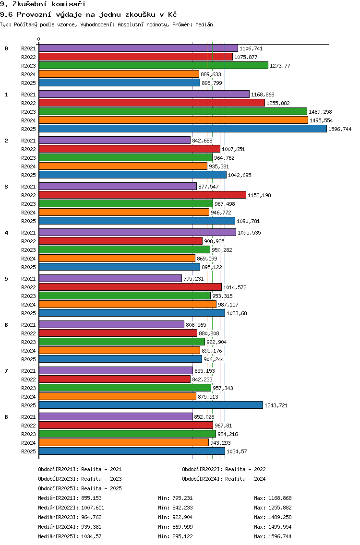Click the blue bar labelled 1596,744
click(182, 129)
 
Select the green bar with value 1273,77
click(154, 66)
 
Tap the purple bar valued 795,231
click(110, 278)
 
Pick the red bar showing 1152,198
click(142, 195)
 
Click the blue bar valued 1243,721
click(151, 405)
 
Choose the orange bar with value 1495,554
click(173, 120)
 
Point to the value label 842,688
click(202, 141)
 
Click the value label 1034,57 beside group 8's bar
click(237, 451)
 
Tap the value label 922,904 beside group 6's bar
click(216, 342)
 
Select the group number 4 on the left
click(6, 233)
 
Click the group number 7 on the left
click(6, 371)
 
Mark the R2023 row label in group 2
click(28, 158)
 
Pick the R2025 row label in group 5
click(28, 313)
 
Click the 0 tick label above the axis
click(38, 39)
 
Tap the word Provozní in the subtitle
click(32, 14)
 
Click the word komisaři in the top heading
click(69, 4)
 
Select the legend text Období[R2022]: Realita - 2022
click(224, 469)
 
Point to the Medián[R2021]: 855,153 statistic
click(70, 498)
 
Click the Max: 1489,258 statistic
click(273, 517)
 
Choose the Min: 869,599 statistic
click(175, 527)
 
